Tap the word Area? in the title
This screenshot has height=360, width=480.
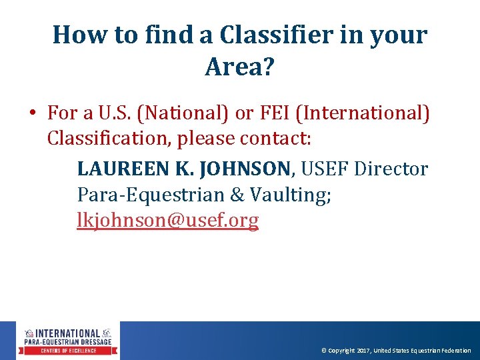click(x=239, y=67)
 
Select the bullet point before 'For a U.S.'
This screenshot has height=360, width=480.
click(x=32, y=113)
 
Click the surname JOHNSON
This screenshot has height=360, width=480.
click(x=244, y=169)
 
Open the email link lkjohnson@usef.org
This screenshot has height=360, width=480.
click(x=168, y=221)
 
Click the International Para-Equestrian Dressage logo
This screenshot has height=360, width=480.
click(x=69, y=341)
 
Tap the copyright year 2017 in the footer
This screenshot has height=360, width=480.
click(x=364, y=351)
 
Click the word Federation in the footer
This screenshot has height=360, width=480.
click(x=455, y=351)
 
